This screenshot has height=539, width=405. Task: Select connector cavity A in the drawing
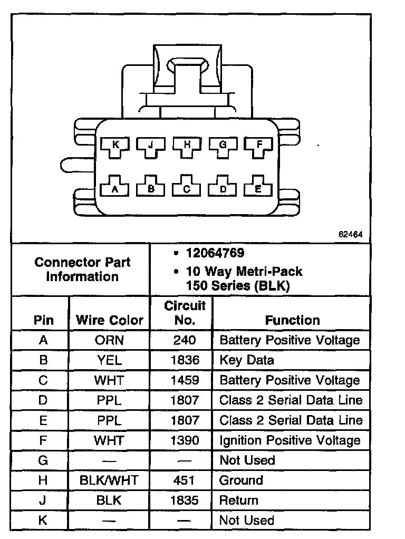pyautogui.click(x=115, y=188)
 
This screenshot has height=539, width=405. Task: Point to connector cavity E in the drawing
pyautogui.click(x=258, y=188)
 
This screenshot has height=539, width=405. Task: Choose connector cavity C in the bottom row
pyautogui.click(x=187, y=188)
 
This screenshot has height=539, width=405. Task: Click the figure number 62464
pyautogui.click(x=351, y=235)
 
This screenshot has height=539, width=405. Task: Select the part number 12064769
pyautogui.click(x=215, y=253)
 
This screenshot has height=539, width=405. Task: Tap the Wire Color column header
pyautogui.click(x=110, y=320)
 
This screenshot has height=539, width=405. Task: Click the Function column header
pyautogui.click(x=292, y=320)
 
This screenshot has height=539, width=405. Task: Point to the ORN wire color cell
pyautogui.click(x=110, y=340)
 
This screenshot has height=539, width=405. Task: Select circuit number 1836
pyautogui.click(x=185, y=360)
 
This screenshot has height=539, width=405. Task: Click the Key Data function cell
pyautogui.click(x=247, y=360)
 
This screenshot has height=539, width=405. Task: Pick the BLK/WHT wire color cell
pyautogui.click(x=110, y=480)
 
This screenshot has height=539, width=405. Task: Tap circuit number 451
pyautogui.click(x=185, y=480)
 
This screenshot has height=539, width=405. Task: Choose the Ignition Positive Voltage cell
pyautogui.click(x=290, y=440)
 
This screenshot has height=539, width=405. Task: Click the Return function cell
pyautogui.click(x=239, y=500)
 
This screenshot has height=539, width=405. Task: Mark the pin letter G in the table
pyautogui.click(x=43, y=460)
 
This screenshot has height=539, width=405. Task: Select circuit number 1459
pyautogui.click(x=185, y=380)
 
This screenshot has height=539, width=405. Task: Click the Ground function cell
pyautogui.click(x=241, y=480)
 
